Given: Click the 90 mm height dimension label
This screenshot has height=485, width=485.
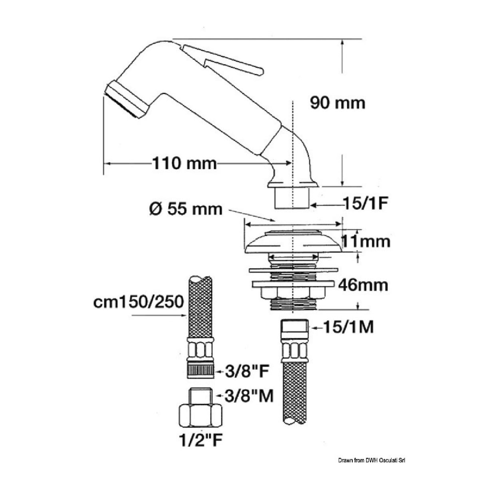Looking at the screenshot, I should point(338,103).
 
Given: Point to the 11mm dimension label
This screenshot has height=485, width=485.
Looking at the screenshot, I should point(365,241).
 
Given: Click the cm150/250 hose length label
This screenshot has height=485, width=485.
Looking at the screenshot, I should point(138,302).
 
